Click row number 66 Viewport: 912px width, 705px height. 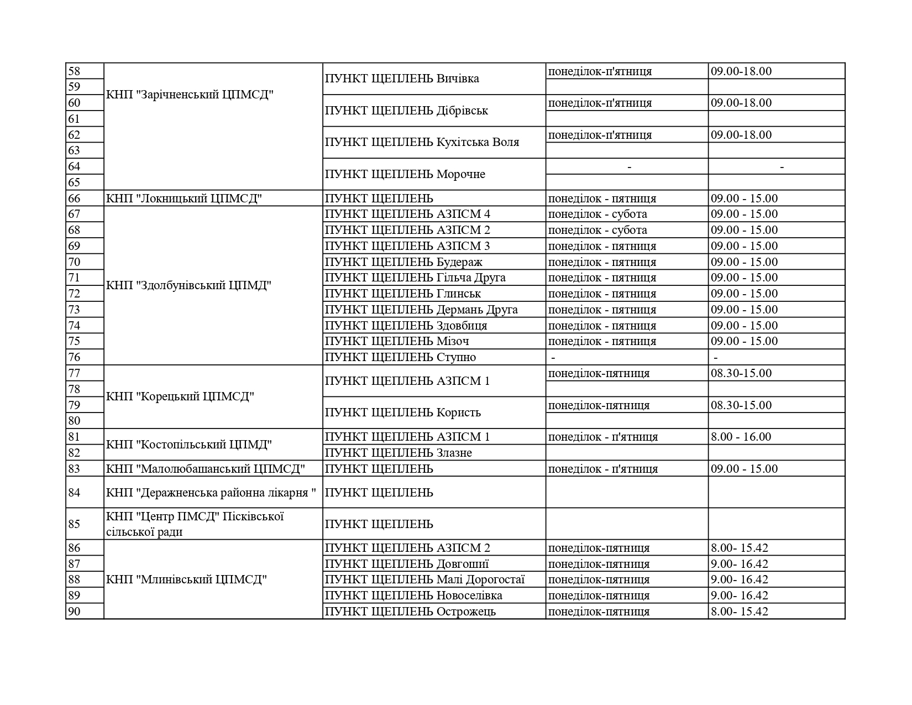click(74, 199)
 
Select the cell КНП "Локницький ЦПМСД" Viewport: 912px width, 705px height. click(183, 199)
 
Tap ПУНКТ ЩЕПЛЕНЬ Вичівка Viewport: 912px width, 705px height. click(402, 79)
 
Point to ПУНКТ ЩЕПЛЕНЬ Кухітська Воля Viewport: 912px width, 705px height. click(422, 142)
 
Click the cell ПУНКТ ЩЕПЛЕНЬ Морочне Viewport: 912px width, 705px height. click(405, 174)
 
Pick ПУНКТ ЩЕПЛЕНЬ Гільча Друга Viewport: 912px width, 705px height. click(415, 278)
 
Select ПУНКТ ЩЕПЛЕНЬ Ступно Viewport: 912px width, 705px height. click(400, 357)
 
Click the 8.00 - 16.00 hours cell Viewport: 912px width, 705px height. click(741, 437)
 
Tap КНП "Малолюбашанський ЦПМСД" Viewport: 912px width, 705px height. click(206, 469)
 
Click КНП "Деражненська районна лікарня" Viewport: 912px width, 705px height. click(211, 492)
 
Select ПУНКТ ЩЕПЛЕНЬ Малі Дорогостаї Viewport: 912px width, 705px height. click(424, 579)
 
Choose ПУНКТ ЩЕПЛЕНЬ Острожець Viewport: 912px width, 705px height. click(410, 612)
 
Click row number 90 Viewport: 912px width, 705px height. click(74, 612)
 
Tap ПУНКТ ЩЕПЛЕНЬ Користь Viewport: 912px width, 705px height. click(403, 412)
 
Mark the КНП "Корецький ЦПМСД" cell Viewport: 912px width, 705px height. click(180, 396)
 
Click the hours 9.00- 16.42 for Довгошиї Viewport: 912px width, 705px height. click(740, 564)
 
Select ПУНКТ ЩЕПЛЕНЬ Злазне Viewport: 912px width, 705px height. click(399, 453)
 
